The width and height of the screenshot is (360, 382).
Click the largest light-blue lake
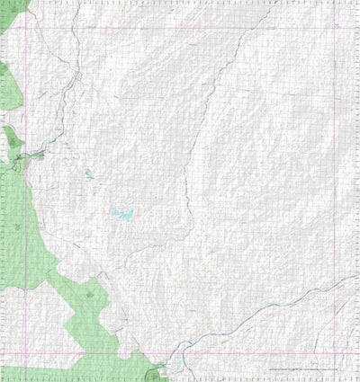click(122, 213)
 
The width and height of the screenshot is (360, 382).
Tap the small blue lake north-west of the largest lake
click(88, 174)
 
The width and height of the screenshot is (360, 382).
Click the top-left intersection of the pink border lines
click(25, 28)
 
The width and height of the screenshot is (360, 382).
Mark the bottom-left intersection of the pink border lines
click(25, 352)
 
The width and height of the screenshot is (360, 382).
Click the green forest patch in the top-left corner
click(11, 13)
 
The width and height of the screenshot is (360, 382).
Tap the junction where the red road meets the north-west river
click(77, 81)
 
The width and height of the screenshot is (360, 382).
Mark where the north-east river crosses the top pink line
click(256, 28)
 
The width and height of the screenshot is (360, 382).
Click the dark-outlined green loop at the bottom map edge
click(154, 372)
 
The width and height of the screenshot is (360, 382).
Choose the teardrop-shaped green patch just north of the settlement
click(12, 138)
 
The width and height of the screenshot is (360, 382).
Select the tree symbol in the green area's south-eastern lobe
click(90, 292)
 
